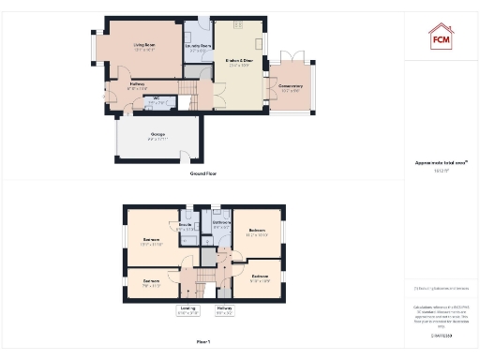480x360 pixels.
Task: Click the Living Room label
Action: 143,46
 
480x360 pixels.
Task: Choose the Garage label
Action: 157,137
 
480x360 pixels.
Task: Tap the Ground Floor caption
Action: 203,174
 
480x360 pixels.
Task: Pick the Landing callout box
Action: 187,310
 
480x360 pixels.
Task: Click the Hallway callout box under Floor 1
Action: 224,310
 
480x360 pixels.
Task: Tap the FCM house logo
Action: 442,37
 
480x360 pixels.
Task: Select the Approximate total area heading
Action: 441,162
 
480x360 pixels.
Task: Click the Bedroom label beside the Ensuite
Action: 151,242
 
